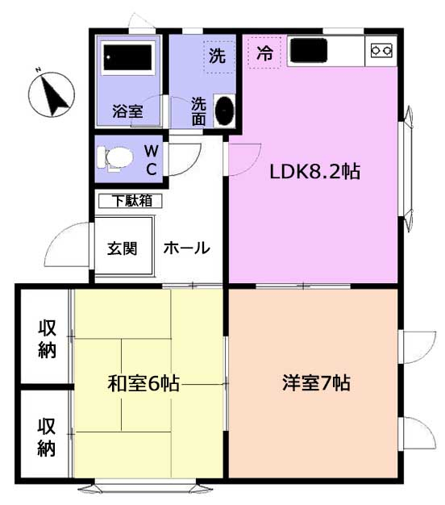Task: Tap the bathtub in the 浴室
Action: click(x=127, y=57)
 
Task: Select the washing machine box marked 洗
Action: click(x=220, y=56)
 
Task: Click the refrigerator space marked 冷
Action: click(x=264, y=52)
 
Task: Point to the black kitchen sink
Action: click(x=309, y=50)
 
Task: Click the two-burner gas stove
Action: click(x=381, y=50)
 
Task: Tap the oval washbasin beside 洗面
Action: click(x=225, y=111)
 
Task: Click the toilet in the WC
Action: click(x=114, y=158)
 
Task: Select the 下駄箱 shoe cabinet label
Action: click(x=132, y=201)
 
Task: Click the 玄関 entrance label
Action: click(x=123, y=248)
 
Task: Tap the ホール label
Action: click(x=186, y=248)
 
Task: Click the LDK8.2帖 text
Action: click(x=314, y=172)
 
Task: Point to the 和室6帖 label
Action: click(x=143, y=383)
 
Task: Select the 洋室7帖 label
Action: click(x=316, y=382)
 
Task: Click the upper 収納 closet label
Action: click(x=48, y=339)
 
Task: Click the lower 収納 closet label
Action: click(x=47, y=437)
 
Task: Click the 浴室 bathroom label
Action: click(x=127, y=111)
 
